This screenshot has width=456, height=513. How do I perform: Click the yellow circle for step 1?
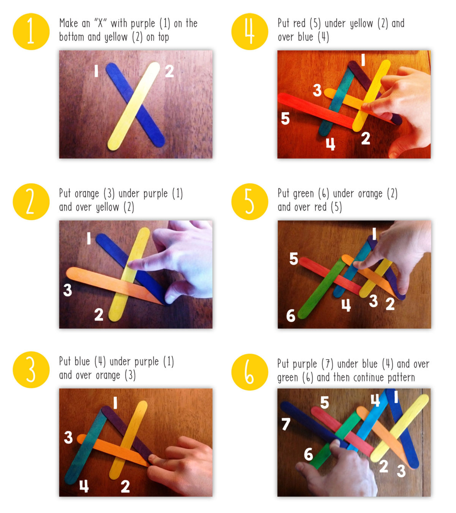coord(31,32)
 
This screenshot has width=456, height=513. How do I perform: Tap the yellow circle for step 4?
coord(250,32)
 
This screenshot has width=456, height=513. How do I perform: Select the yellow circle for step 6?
coord(250,372)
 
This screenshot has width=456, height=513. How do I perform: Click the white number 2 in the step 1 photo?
coord(169,71)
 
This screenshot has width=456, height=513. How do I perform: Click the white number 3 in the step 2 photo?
coord(67,290)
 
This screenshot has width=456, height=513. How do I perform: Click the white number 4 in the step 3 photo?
coord(84,486)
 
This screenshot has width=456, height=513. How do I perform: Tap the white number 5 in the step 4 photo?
coord(285,118)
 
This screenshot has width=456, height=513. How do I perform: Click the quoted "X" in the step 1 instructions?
coord(100,24)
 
